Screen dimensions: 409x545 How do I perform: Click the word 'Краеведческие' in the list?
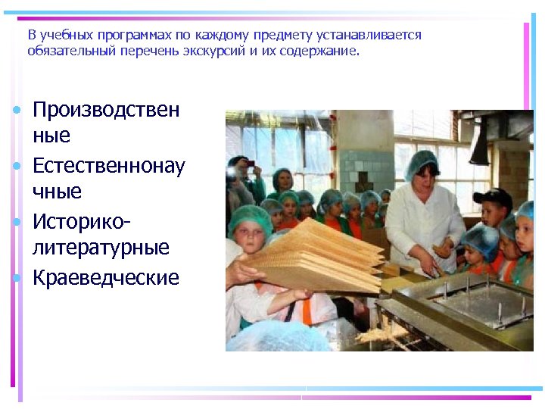(x=106, y=278)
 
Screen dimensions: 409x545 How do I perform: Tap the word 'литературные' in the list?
(x=101, y=248)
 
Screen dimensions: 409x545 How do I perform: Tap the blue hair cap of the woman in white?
(x=421, y=161)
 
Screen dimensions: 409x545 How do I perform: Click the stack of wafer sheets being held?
(x=318, y=254)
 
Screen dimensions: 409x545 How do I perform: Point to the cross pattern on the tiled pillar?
(x=363, y=182)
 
